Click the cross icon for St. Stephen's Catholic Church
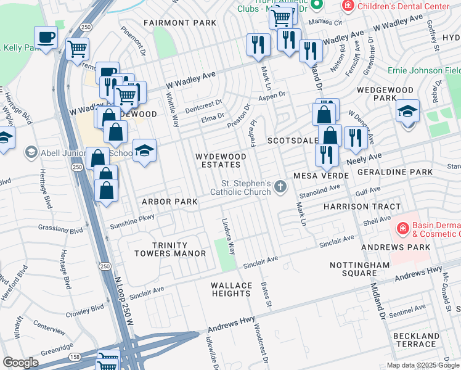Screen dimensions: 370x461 [281, 187]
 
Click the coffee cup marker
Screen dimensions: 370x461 [46, 38]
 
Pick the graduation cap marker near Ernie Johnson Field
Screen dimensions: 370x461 [407, 112]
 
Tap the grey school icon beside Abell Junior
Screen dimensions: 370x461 [30, 152]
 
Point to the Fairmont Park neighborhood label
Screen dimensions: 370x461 [180, 23]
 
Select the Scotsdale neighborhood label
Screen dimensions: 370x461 [292, 141]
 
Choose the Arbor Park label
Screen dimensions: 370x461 [169, 202]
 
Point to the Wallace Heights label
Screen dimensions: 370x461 [232, 289]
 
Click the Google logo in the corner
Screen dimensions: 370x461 [20, 363]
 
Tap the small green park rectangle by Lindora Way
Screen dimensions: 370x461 [225, 254]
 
